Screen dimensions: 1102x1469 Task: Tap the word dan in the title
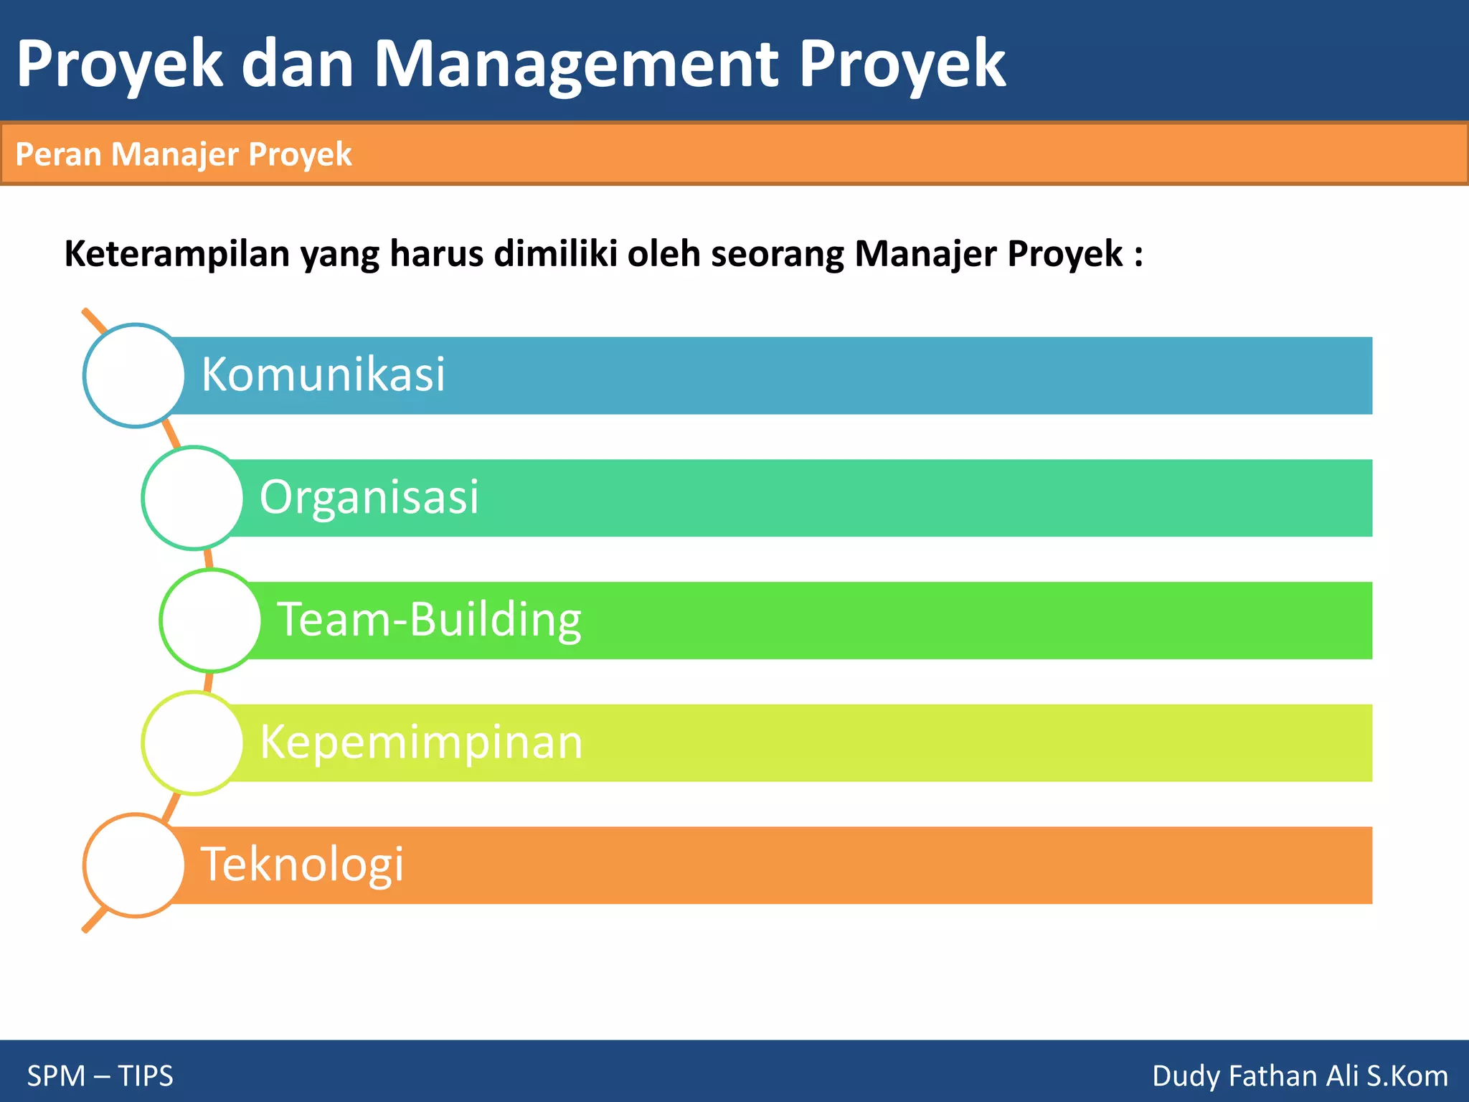[x=298, y=65]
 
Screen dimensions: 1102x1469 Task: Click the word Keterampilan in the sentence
[x=177, y=254]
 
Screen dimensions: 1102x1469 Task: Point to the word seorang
[x=777, y=254]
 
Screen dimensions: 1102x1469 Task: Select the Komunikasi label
[x=323, y=375]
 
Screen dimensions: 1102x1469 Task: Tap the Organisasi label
[x=369, y=497]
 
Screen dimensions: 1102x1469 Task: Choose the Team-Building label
[x=429, y=620]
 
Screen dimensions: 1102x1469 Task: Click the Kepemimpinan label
[x=421, y=743]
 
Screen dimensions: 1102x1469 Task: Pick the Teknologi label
[x=302, y=865]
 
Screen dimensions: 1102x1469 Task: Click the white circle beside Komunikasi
[x=135, y=376]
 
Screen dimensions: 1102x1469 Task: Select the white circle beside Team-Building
[x=211, y=621]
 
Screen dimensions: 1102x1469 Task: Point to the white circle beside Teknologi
[x=135, y=865]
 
